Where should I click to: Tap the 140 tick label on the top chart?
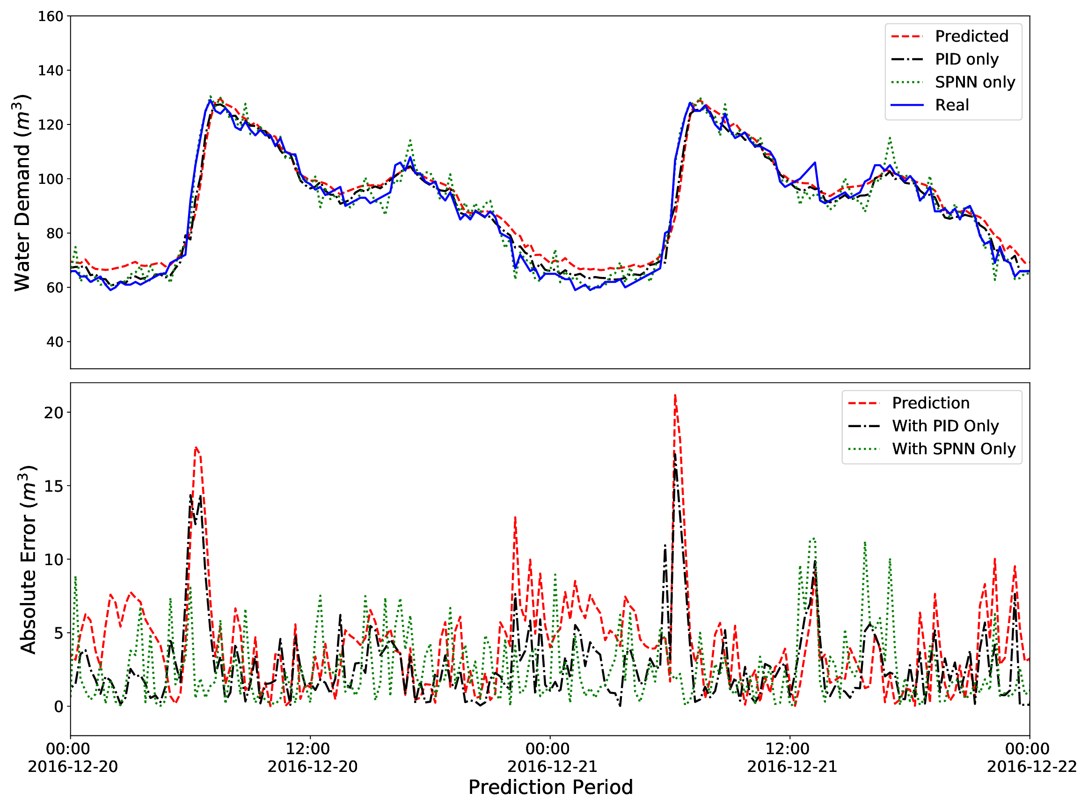[51, 71]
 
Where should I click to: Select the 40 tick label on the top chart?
[55, 342]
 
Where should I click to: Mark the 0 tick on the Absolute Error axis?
[58, 707]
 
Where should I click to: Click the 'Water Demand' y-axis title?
[22, 193]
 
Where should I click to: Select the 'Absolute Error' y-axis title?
[29, 560]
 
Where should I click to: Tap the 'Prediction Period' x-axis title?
[550, 787]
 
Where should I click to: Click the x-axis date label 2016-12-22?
[1031, 766]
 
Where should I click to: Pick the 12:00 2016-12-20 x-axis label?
[312, 758]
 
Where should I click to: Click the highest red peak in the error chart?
[675, 396]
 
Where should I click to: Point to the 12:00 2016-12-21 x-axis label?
[792, 758]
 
